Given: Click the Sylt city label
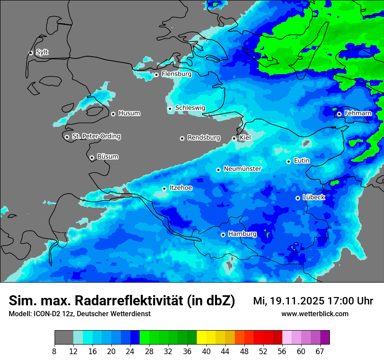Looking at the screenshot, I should (42, 52).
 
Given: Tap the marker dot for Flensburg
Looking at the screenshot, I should (156, 75).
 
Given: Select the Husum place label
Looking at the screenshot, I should (129, 113).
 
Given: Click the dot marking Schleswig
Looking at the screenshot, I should (170, 109).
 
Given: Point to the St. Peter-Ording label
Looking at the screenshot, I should (96, 137).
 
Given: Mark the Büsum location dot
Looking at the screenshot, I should (92, 157).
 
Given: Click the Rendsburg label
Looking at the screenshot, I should (204, 138).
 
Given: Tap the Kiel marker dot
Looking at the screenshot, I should (234, 138).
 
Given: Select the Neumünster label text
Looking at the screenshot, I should (243, 169).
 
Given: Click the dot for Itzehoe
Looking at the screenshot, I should (164, 188).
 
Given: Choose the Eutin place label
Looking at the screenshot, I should (302, 161).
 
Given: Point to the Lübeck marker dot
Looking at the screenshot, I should (298, 198).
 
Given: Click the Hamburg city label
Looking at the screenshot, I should (242, 234).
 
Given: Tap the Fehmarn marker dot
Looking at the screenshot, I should (339, 114).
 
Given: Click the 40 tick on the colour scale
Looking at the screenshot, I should (206, 351).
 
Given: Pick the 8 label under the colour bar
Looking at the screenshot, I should (55, 351).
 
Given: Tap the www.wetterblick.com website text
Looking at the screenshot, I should (315, 314).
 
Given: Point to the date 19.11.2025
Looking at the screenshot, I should (297, 301).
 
